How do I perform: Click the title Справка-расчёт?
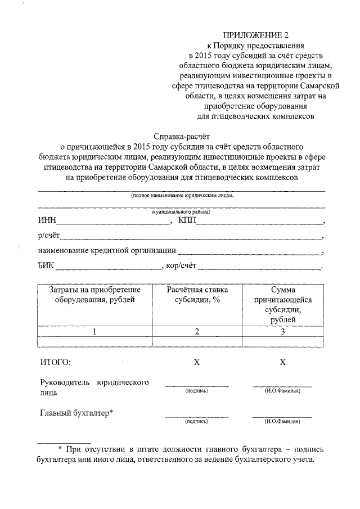pyautogui.click(x=181, y=136)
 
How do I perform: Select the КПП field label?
pyautogui.click(x=187, y=220)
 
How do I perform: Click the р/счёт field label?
pyautogui.click(x=49, y=236)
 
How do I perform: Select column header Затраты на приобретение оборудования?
pyautogui.click(x=94, y=295)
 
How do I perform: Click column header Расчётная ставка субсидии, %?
pyautogui.click(x=197, y=295)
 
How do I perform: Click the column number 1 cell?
pyautogui.click(x=94, y=331)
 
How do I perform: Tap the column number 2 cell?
pyautogui.click(x=197, y=331)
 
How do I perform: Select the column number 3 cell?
pyautogui.click(x=283, y=331)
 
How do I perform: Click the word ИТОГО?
pyautogui.click(x=55, y=362)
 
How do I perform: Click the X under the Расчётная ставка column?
pyautogui.click(x=197, y=362)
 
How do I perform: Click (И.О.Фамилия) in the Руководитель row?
pyautogui.click(x=282, y=391)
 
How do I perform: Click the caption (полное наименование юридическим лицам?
pyautogui.click(x=182, y=196)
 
